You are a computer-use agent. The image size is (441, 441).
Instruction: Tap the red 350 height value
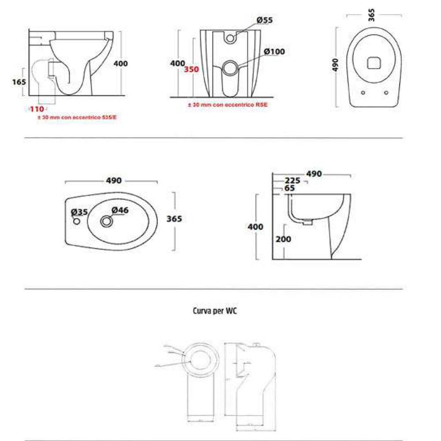coord(192,70)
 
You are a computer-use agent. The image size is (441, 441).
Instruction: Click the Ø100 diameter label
coord(274,52)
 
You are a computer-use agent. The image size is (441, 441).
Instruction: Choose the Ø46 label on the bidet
coord(120,210)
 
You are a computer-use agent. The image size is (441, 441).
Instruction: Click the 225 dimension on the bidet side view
coord(292,181)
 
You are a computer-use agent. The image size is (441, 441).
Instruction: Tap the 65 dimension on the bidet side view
coord(290,188)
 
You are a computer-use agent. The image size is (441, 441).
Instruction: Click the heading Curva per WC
coord(216,310)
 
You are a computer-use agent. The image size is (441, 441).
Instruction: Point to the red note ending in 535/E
coord(79,118)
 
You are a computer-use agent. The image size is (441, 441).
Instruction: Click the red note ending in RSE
coord(228,105)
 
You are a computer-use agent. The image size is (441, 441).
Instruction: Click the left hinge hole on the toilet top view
coord(363,93)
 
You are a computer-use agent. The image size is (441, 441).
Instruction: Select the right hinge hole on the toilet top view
coord(386,93)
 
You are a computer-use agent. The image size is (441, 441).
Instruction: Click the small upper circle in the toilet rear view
coord(230,38)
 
